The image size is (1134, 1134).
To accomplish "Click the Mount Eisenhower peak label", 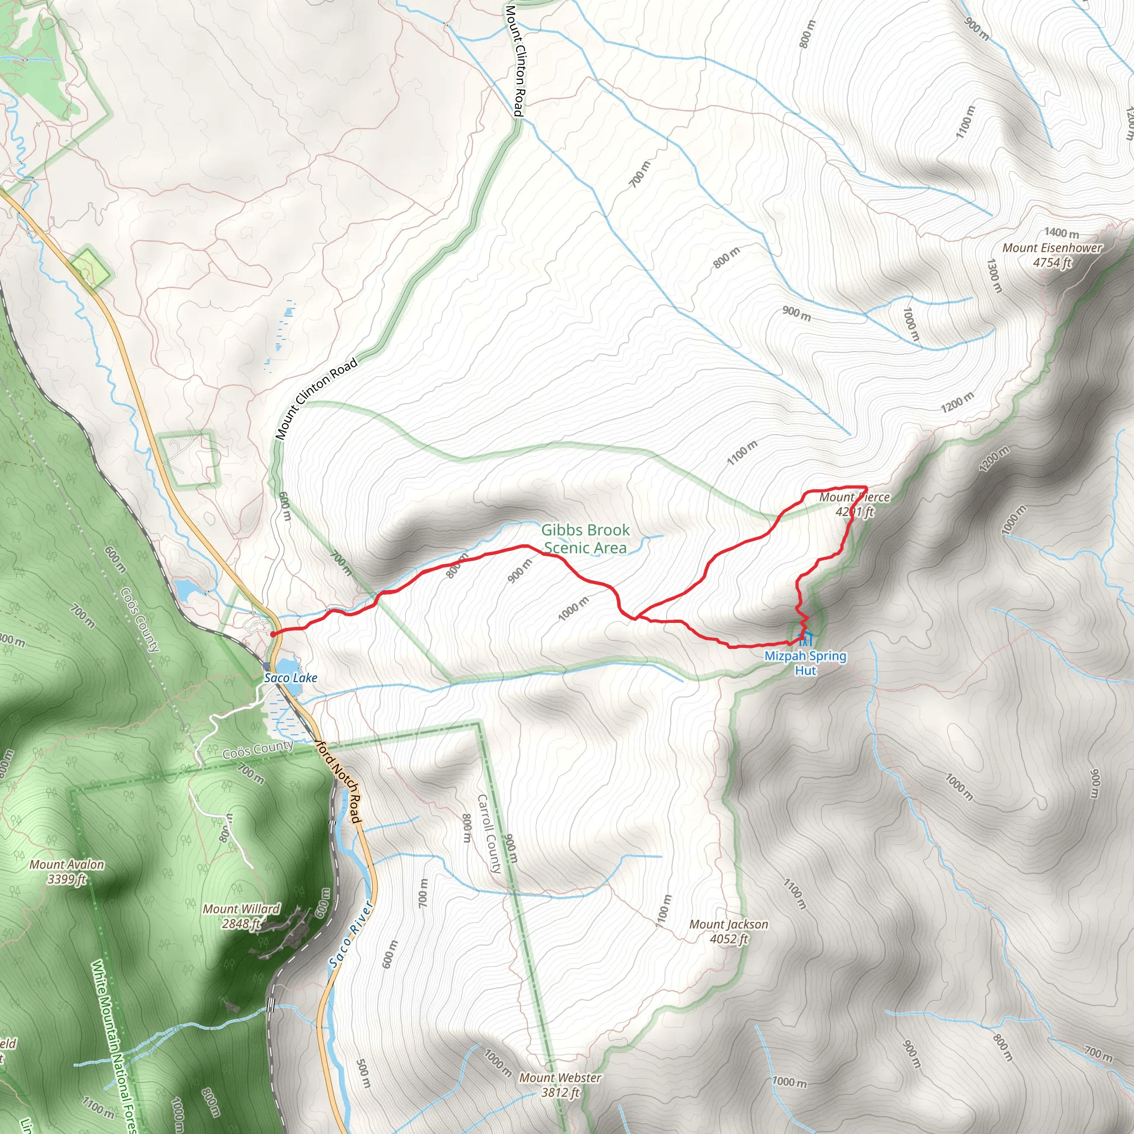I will [1052, 248].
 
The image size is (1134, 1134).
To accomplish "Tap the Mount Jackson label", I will [729, 925].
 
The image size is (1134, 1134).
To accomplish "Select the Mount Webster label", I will [560, 1078].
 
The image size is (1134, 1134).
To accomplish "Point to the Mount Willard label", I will [241, 909].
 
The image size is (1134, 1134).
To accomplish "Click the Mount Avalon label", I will [67, 864].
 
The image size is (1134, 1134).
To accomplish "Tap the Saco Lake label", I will [291, 678].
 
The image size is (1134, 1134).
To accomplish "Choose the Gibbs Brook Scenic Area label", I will [585, 539].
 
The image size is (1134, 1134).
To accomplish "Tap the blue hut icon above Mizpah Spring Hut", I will [805, 638].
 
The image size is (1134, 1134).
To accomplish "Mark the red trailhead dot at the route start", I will [274, 634].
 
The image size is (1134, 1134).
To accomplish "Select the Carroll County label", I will [489, 833].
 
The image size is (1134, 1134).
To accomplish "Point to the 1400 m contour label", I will [1061, 233].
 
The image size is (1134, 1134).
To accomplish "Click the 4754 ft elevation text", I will [1052, 262].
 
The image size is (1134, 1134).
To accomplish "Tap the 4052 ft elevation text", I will [729, 939].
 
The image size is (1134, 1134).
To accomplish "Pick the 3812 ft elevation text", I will [560, 1092].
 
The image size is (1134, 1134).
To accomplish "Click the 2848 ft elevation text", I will [241, 924].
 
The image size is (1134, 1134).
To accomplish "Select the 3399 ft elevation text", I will [67, 879].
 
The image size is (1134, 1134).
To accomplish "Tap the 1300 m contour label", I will [993, 276].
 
